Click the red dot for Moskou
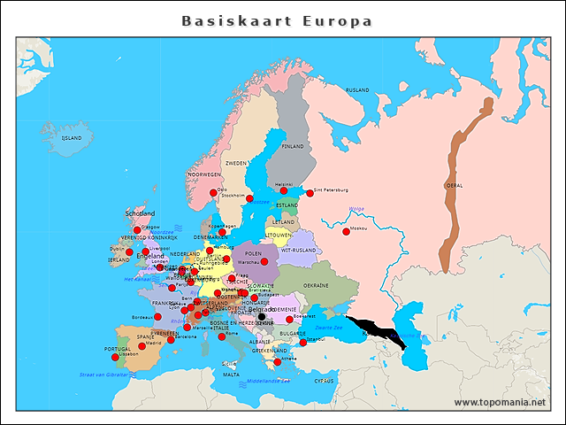346,232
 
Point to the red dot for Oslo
213,192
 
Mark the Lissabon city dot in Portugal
115,357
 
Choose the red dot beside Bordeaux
157,316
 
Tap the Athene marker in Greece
277,361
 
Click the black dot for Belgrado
261,316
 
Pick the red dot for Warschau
264,262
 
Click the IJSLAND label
71,138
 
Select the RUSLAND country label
357,90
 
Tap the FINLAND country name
292,146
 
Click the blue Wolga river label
356,209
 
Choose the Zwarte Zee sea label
328,328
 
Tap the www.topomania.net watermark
500,402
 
